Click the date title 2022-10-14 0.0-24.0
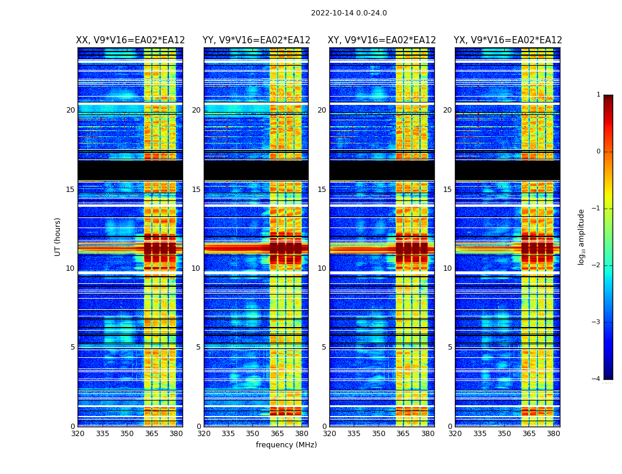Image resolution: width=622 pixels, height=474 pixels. click(348, 13)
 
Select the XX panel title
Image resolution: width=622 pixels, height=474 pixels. click(130, 40)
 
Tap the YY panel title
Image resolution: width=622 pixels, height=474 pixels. click(256, 40)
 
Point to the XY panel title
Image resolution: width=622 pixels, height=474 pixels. click(382, 40)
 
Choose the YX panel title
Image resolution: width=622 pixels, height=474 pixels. click(508, 40)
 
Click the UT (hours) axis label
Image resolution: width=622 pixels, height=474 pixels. click(58, 236)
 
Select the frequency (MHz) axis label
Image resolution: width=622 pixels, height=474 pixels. click(286, 445)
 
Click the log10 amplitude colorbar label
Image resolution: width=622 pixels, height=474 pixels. click(582, 236)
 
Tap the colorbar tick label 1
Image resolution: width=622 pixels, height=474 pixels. click(598, 95)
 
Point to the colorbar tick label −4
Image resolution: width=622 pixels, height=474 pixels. click(597, 379)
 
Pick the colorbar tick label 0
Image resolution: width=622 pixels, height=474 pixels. click(598, 152)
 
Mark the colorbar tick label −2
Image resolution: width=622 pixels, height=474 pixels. click(597, 265)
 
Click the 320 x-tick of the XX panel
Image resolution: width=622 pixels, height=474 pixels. click(78, 434)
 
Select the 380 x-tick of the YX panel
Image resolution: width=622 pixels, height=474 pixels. click(553, 434)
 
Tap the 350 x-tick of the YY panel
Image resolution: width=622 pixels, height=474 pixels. click(253, 434)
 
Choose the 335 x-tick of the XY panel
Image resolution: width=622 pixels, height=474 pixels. click(354, 434)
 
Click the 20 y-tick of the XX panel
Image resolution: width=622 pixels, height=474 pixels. click(70, 110)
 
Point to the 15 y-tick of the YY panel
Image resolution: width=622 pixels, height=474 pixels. click(196, 190)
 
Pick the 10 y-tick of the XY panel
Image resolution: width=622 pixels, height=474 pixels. click(322, 268)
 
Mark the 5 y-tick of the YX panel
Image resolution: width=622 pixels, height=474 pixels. click(450, 347)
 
